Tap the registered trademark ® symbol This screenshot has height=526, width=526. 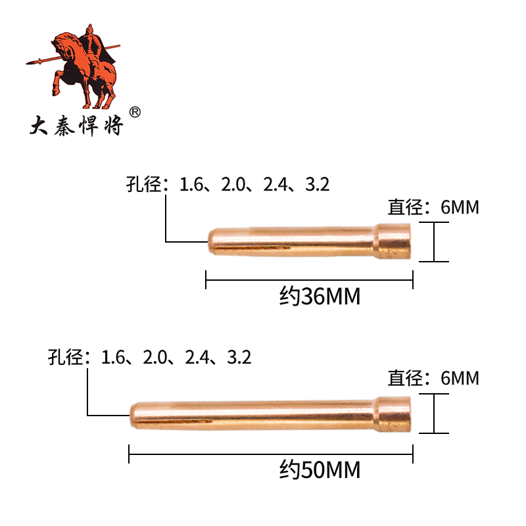135,112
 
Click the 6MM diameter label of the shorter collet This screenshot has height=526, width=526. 460,208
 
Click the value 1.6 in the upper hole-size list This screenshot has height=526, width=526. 193,185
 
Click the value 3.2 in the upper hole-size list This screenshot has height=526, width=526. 318,185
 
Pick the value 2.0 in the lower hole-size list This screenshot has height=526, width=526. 155,358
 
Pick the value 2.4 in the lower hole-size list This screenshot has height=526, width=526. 197,358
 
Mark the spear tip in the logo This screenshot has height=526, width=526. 32,62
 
